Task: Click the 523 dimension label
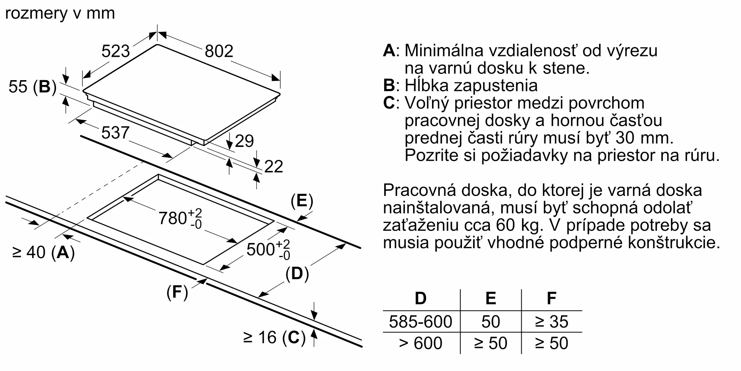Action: tap(116, 51)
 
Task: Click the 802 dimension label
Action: tap(219, 51)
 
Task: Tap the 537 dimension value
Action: tap(115, 133)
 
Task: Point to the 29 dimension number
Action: tap(244, 141)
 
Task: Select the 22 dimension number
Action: tap(274, 167)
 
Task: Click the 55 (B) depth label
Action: tap(33, 87)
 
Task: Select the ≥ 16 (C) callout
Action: tap(275, 338)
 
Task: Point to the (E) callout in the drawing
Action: tap(302, 201)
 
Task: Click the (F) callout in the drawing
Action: tap(177, 292)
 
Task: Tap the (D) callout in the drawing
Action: tap(297, 274)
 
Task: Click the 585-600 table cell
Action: tap(421, 322)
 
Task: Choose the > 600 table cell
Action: tap(421, 343)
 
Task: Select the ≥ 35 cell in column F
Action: tap(551, 322)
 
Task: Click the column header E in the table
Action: tap(491, 298)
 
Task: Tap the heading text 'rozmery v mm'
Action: tap(60, 14)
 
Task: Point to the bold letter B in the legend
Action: tap(389, 86)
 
